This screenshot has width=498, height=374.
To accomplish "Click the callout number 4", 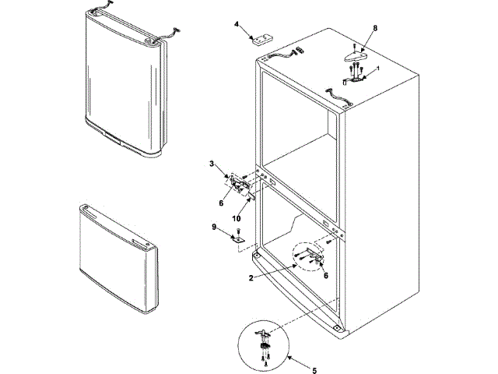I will pyautogui.click(x=237, y=24).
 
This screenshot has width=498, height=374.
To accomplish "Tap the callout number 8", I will pyautogui.click(x=375, y=29).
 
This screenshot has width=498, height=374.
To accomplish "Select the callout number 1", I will pyautogui.click(x=378, y=69).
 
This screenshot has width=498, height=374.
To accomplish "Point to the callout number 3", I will pyautogui.click(x=212, y=164).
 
